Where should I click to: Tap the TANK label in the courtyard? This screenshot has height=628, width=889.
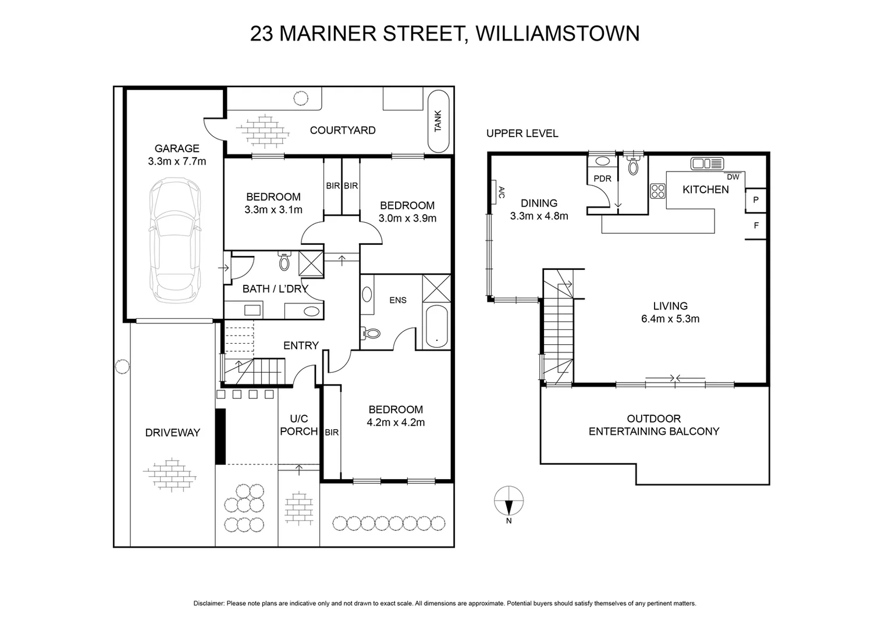438,120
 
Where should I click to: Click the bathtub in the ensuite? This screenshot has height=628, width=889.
436,327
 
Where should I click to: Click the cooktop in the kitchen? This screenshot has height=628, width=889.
658,191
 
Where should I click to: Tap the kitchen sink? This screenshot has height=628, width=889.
706,163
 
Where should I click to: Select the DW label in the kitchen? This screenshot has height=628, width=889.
733,177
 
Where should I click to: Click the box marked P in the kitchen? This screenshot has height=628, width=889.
756,200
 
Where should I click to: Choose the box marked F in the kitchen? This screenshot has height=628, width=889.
756,226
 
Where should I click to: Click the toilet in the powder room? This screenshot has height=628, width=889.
633,166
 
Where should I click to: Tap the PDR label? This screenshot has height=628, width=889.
602,179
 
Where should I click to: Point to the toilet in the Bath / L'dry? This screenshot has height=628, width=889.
284,262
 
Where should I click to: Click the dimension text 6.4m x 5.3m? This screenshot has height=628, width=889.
670,319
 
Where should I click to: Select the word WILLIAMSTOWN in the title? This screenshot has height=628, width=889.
557,33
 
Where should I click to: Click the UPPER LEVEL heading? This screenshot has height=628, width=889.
522,134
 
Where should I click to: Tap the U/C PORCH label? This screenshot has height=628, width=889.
299,425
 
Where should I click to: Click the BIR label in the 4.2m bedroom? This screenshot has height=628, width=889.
332,433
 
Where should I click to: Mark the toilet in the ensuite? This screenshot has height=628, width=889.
371,333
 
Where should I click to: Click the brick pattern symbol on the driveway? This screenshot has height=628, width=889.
170,474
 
